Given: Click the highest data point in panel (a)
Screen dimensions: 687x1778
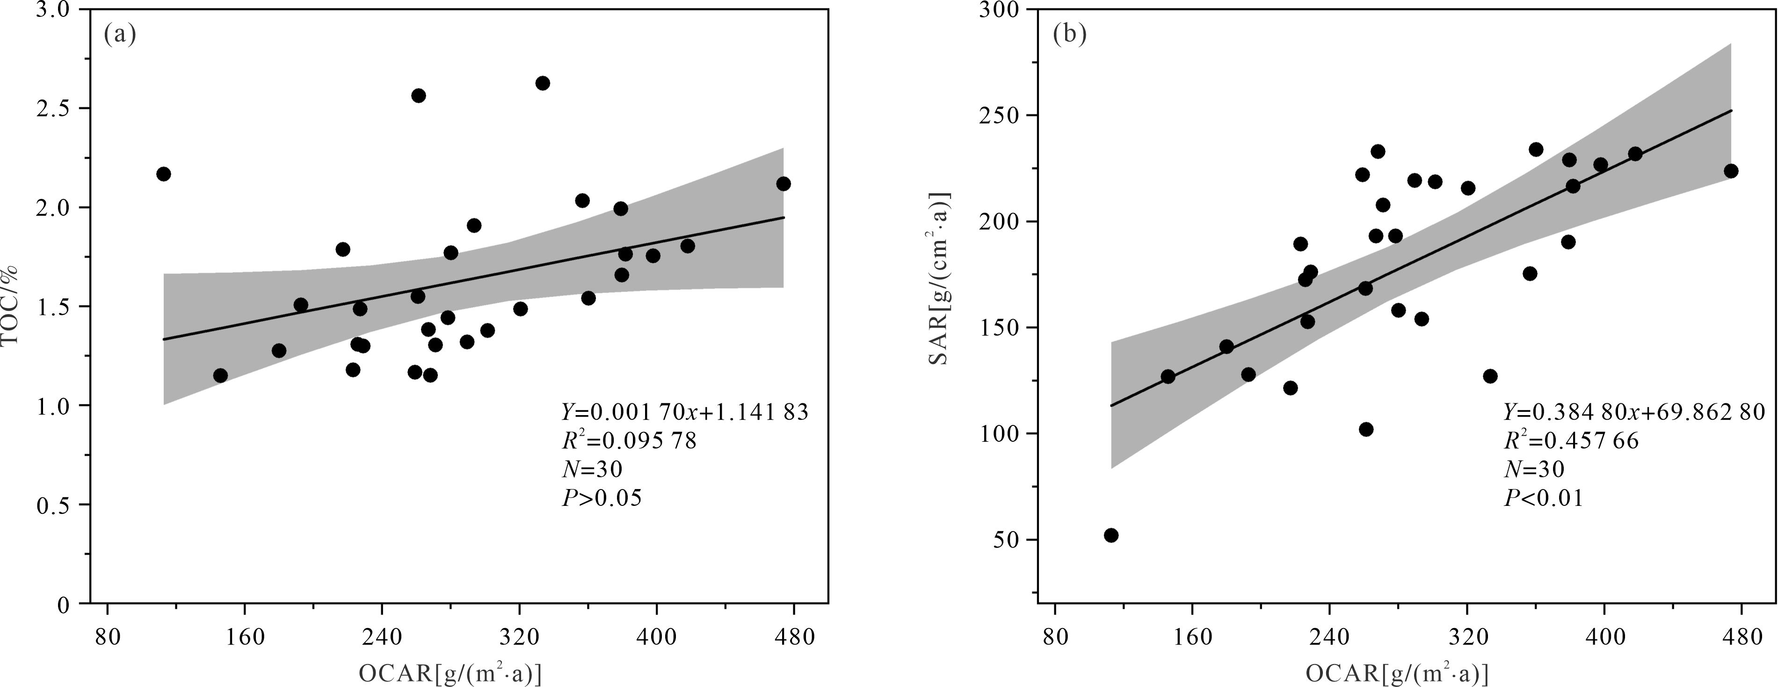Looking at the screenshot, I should [x=543, y=83].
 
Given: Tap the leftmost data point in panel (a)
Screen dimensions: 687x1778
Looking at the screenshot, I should [x=164, y=174].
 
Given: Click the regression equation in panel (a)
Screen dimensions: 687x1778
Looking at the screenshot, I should [x=684, y=412].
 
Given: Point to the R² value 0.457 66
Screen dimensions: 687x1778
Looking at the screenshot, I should [x=1571, y=440].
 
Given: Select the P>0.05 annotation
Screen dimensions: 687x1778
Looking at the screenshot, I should [x=602, y=498].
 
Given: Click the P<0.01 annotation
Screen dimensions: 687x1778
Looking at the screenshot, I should [x=1543, y=498].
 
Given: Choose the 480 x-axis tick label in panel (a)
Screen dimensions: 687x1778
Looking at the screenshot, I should [x=793, y=636].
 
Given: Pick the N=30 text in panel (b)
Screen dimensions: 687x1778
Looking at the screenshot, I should [x=1534, y=469].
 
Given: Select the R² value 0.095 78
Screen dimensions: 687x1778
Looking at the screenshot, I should [x=629, y=440].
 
